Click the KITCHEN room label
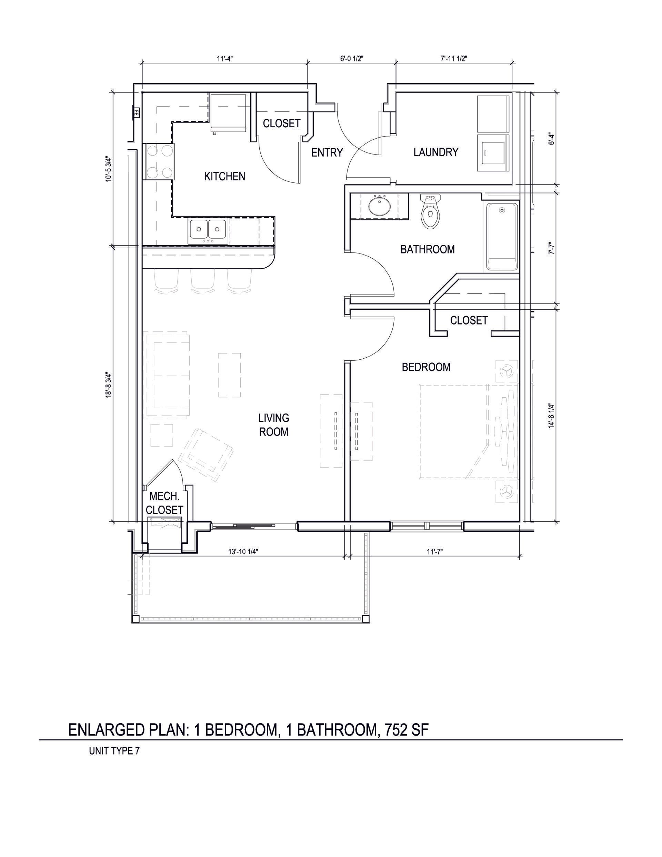pyautogui.click(x=224, y=177)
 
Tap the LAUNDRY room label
pyautogui.click(x=436, y=152)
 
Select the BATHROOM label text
pyautogui.click(x=427, y=249)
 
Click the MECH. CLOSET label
pyautogui.click(x=164, y=503)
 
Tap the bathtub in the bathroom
pyautogui.click(x=502, y=236)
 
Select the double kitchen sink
pyautogui.click(x=208, y=231)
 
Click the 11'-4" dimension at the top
pyautogui.click(x=225, y=59)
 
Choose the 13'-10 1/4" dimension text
pyautogui.click(x=243, y=551)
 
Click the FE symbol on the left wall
pyautogui.click(x=137, y=113)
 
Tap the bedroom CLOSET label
pyautogui.click(x=469, y=321)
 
